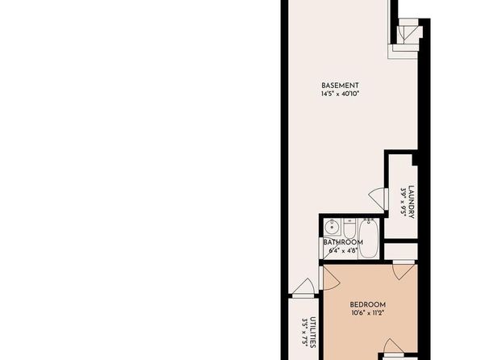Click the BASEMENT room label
(340, 86)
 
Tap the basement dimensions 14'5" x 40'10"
(340, 94)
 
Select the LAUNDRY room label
(412, 203)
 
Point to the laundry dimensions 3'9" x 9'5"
(403, 203)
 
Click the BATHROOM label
(343, 242)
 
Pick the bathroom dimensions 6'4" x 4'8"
(343, 250)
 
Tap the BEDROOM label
(368, 305)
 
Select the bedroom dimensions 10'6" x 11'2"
(368, 313)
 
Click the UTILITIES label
(312, 333)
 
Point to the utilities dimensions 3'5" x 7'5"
(304, 333)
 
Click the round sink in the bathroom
(332, 227)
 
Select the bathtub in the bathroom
(369, 238)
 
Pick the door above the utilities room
(303, 288)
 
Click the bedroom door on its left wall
(329, 278)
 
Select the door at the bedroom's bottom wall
(394, 348)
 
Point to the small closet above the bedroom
(400, 251)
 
